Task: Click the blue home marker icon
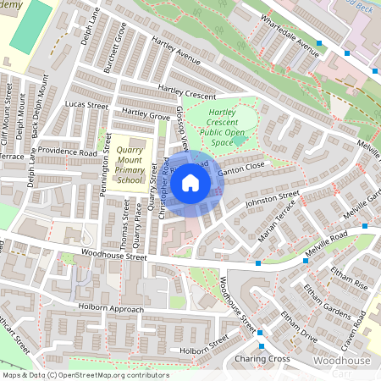coord(190,183)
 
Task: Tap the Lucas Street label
coord(87,106)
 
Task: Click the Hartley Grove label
coord(146,113)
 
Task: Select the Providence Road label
coord(65,152)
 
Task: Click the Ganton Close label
coord(242,169)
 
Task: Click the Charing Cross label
coord(262,359)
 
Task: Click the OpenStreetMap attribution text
coord(85,374)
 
